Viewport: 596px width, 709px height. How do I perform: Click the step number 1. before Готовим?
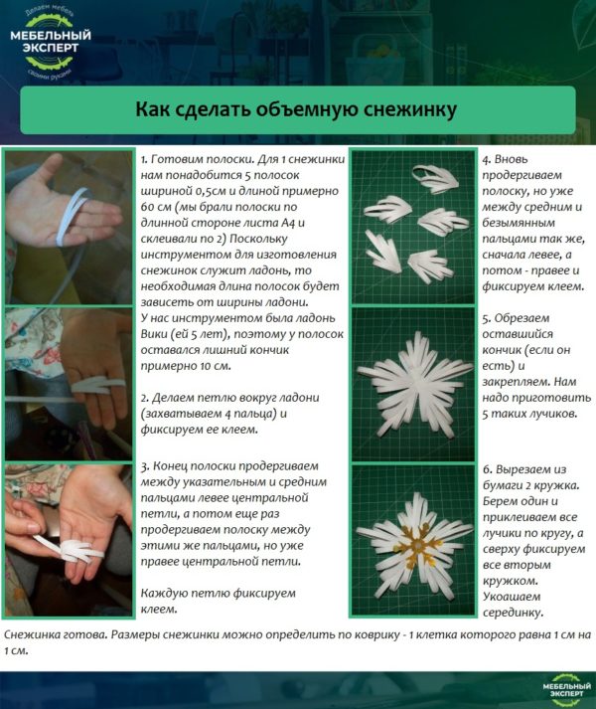pyautogui.click(x=145, y=159)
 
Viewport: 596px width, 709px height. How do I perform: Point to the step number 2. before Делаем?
pyautogui.click(x=145, y=398)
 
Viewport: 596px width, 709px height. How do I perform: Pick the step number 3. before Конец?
pyautogui.click(x=145, y=465)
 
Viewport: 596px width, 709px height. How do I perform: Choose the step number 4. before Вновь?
pyautogui.click(x=487, y=159)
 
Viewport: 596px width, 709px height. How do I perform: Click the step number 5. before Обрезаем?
pyautogui.click(x=487, y=319)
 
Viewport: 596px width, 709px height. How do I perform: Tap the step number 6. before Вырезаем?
pyautogui.click(x=487, y=467)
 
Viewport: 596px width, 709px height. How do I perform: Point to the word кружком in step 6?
pyautogui.click(x=511, y=580)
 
